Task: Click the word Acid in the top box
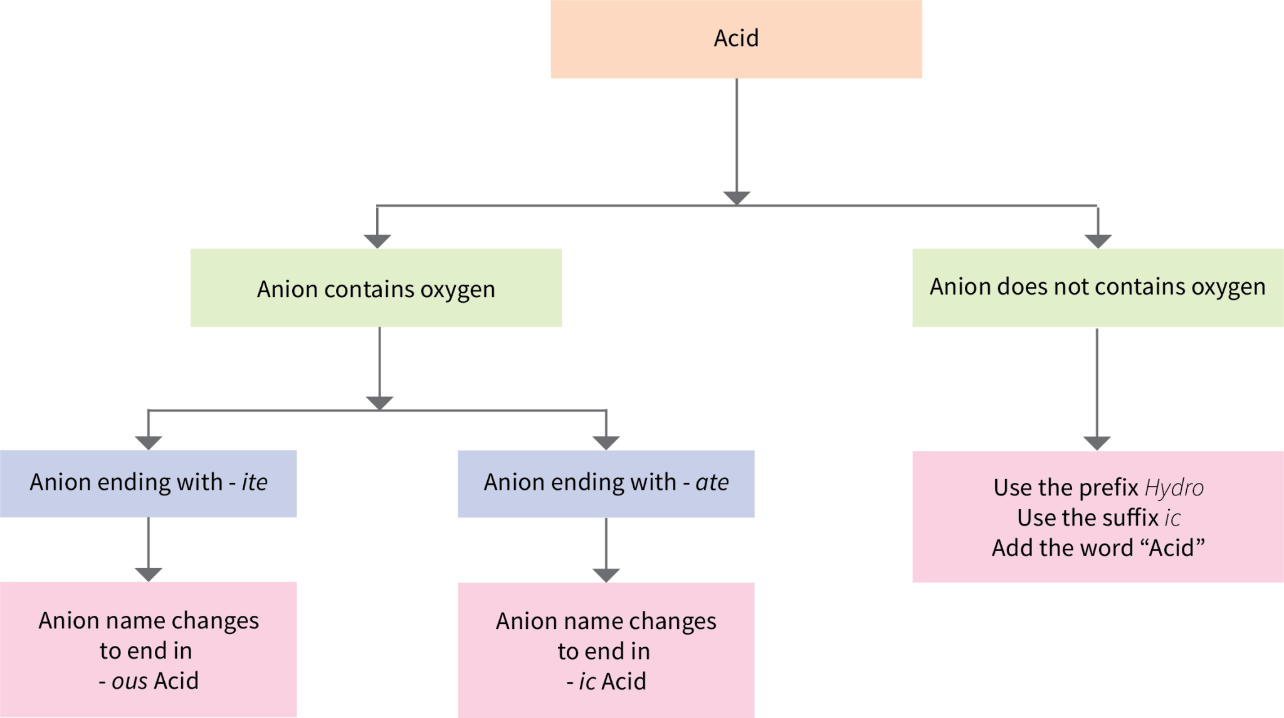pyautogui.click(x=736, y=38)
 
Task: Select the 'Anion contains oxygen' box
pyautogui.click(x=376, y=288)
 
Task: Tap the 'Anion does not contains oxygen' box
pyautogui.click(x=1097, y=287)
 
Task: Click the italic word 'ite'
pyautogui.click(x=255, y=482)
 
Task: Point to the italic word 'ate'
pyautogui.click(x=712, y=482)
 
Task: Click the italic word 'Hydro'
pyautogui.click(x=1174, y=488)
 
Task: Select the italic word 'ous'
pyautogui.click(x=129, y=681)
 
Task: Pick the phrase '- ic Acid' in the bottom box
pyautogui.click(x=606, y=682)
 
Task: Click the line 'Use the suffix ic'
pyautogui.click(x=1098, y=518)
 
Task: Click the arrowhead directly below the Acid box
pyautogui.click(x=737, y=198)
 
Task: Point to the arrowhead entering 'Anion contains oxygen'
pyautogui.click(x=377, y=241)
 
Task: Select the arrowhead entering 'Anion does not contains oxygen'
pyautogui.click(x=1098, y=241)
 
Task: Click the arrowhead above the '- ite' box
pyautogui.click(x=149, y=443)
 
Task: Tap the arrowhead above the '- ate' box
pyautogui.click(x=606, y=443)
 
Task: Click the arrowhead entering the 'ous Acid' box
pyautogui.click(x=149, y=574)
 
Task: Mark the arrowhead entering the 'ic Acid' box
pyautogui.click(x=606, y=575)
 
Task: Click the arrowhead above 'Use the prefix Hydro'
pyautogui.click(x=1097, y=443)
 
